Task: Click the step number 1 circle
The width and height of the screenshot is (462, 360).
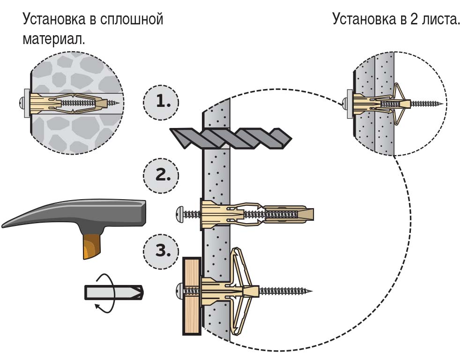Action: click(161, 101)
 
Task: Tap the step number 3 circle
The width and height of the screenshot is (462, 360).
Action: click(161, 250)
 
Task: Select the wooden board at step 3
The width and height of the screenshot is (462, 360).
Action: click(191, 295)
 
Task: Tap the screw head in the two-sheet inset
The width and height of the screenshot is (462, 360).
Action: click(345, 102)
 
